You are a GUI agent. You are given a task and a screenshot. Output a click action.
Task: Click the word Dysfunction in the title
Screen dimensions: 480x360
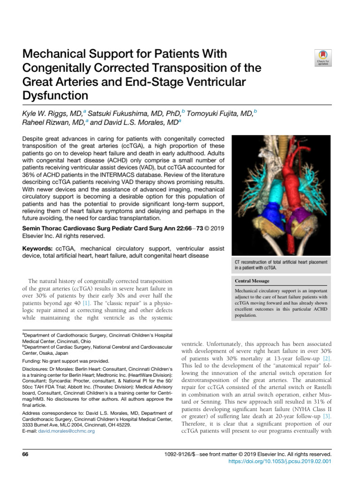click(55, 96)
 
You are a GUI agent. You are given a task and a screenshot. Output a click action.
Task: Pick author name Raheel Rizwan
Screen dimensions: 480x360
click(48, 123)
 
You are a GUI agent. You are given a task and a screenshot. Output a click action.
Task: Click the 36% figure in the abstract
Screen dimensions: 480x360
click(31, 173)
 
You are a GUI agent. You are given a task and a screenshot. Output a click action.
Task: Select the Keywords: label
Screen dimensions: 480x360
click(37, 248)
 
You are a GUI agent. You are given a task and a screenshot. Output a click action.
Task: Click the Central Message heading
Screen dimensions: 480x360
click(253, 281)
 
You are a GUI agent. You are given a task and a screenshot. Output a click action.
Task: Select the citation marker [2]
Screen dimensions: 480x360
click(326, 358)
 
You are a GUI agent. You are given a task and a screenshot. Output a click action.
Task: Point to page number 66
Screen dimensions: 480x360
click(26, 455)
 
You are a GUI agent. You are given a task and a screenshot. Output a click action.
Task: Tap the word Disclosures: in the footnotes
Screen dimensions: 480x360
click(36, 369)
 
